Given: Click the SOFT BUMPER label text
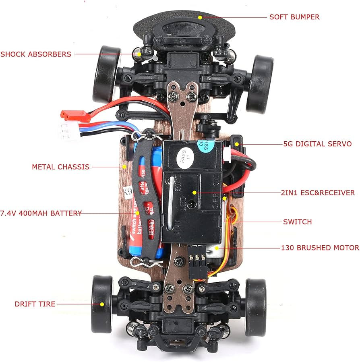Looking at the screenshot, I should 294,17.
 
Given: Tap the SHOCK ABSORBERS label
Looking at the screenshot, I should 36,54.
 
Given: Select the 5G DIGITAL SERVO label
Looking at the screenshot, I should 317,144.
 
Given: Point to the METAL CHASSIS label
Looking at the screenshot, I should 61,166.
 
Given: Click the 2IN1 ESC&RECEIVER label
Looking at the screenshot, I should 318,193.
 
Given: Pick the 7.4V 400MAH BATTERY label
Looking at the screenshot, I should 41,213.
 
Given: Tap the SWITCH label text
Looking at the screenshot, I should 297,222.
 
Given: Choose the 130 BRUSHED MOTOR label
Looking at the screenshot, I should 320,248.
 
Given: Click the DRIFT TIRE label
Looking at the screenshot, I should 35,304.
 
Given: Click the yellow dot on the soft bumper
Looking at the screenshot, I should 200,17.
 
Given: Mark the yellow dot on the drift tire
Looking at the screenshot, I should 102,304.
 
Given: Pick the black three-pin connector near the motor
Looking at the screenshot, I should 197,258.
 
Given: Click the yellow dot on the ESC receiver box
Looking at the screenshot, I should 194,193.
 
